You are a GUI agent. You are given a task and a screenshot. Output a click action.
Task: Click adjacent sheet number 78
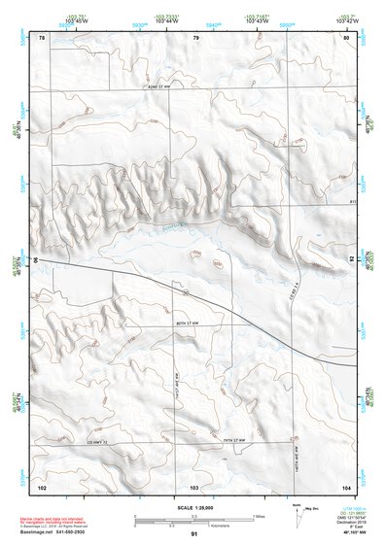(42, 37)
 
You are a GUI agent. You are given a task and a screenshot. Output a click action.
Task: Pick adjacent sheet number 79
(195, 37)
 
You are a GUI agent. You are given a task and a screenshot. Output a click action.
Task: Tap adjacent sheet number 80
(346, 37)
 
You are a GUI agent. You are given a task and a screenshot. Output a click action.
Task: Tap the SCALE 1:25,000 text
(193, 508)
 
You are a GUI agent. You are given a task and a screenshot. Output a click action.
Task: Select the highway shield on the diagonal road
(183, 290)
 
